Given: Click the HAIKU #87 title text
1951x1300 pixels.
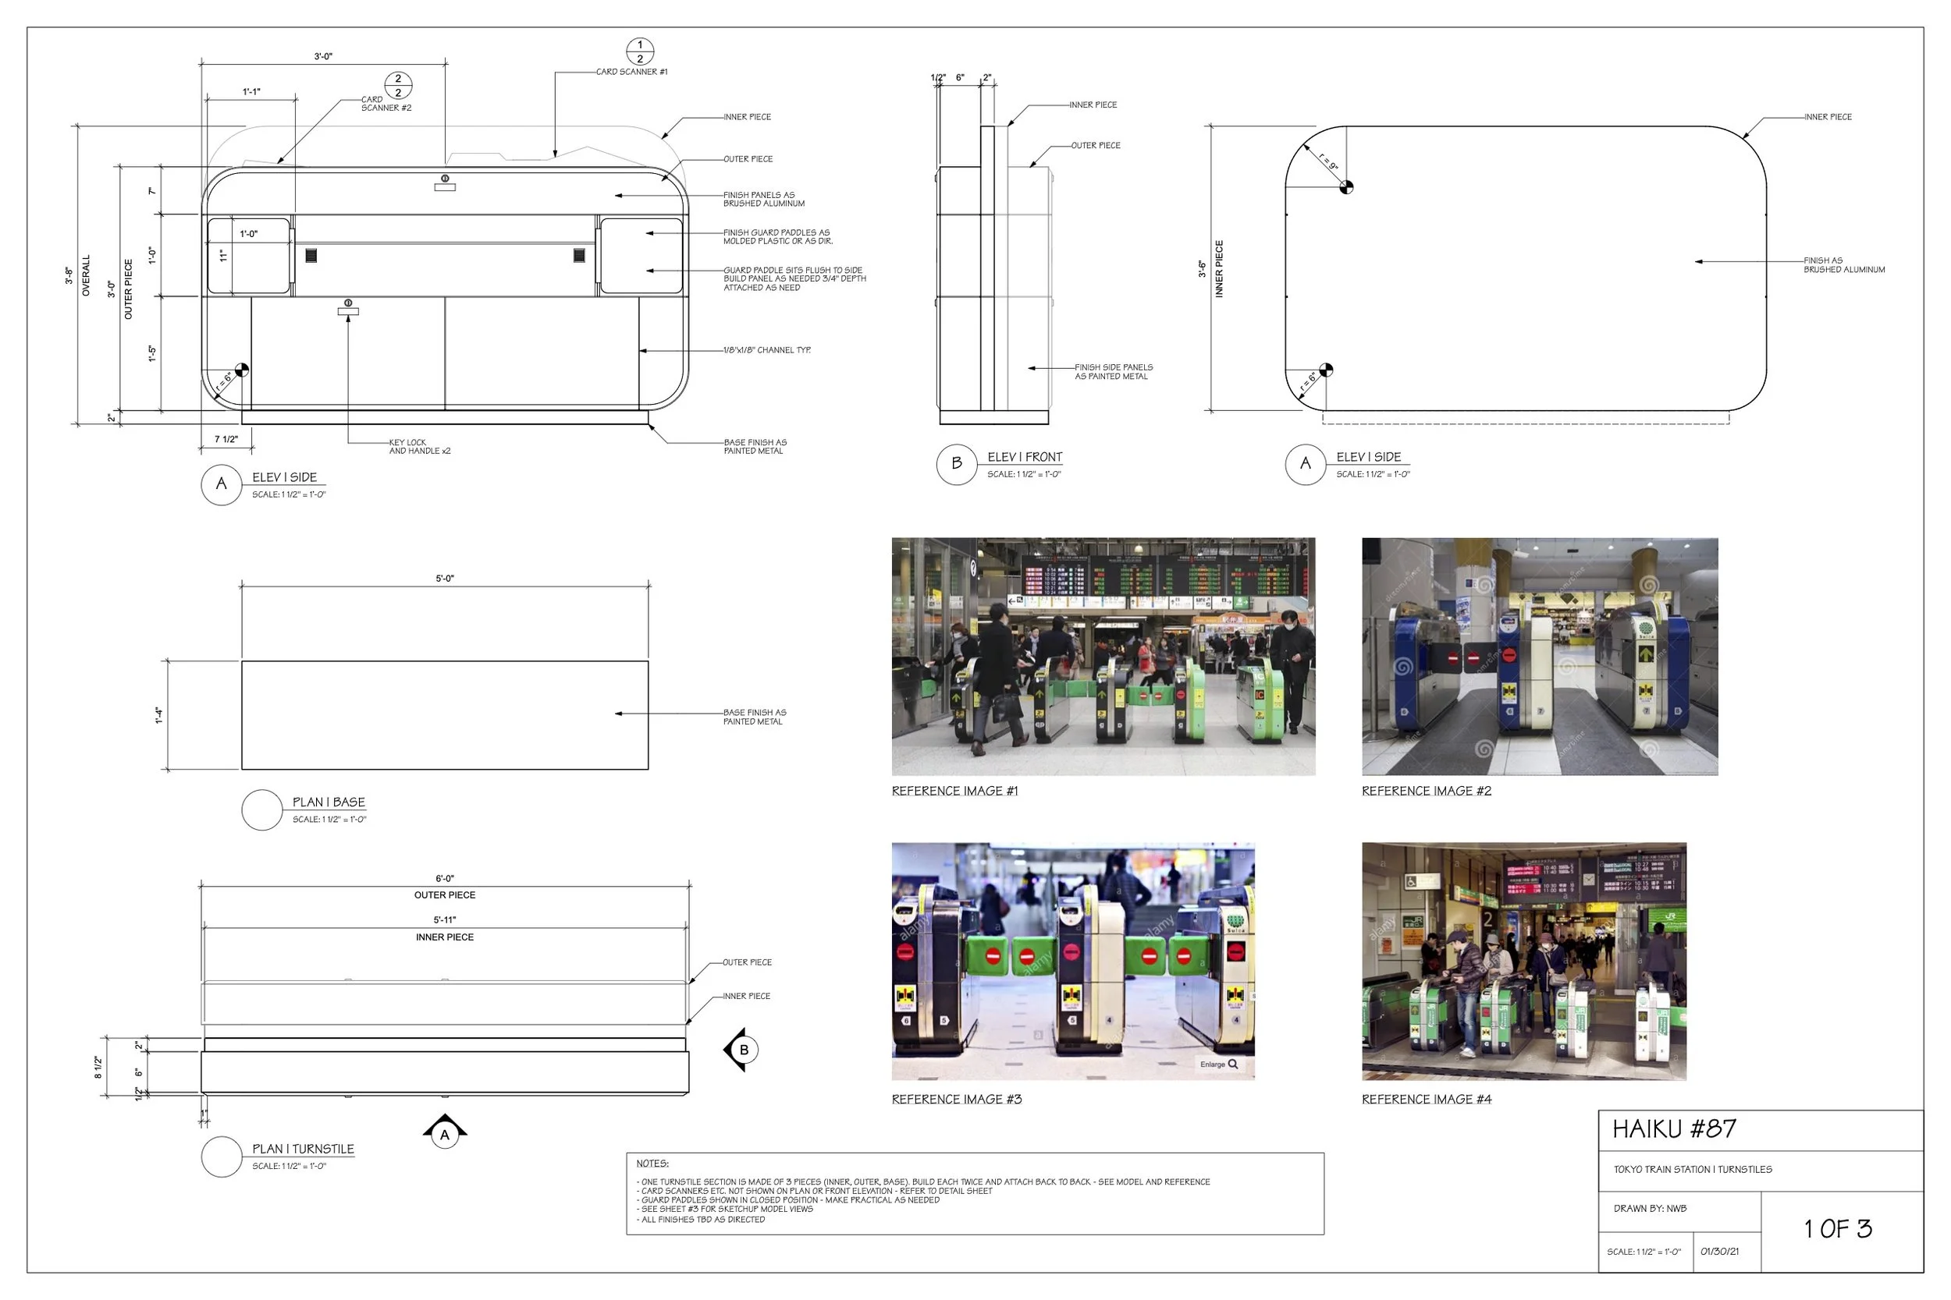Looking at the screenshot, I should coord(1673,1129).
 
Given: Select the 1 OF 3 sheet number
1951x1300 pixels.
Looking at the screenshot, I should coord(1837,1229).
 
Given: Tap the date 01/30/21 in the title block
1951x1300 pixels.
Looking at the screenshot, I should coord(1719,1252).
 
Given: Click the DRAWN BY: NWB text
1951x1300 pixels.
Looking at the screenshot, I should coord(1650,1209).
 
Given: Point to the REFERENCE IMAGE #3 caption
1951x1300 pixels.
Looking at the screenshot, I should coord(957,1100).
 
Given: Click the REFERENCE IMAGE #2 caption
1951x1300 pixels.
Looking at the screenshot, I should coord(1426,791).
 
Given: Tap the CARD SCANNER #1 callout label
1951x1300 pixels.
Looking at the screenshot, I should coord(631,72).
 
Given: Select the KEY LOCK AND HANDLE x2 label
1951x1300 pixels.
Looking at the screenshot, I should coord(420,447).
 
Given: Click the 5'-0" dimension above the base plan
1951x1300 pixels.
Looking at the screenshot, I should coord(445,579).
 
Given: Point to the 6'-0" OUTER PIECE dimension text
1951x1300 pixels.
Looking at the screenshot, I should coord(445,886).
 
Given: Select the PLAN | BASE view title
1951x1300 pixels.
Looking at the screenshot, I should coord(329,802).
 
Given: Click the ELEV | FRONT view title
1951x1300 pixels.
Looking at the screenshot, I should coord(1025,458).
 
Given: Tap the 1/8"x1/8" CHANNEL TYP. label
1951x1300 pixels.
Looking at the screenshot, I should coord(766,351).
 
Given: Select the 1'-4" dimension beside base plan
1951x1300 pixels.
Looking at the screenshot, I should coord(158,715).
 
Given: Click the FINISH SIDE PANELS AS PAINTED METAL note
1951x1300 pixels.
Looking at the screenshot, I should coord(1113,371).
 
